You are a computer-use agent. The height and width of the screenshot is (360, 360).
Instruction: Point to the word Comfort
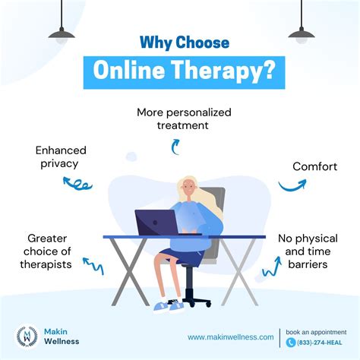click(314, 166)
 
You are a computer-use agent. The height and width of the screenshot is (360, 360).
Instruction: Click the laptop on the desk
click(156, 223)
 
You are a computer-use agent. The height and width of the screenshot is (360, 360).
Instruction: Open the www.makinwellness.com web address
click(230, 337)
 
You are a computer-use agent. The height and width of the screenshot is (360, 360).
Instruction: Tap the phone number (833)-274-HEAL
click(314, 343)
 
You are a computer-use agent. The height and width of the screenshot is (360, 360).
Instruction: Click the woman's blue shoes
click(169, 306)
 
